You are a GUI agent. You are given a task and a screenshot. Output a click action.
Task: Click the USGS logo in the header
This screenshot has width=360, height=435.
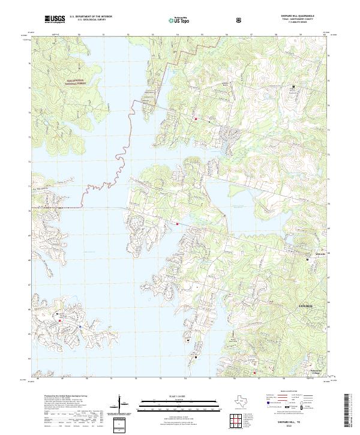coord(55,20)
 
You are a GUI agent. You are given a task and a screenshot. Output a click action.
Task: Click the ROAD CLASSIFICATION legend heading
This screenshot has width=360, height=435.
coord(294,390)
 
